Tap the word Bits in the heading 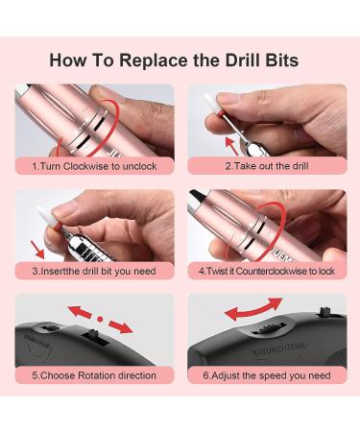tap(282, 60)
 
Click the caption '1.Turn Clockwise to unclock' tap(94, 166)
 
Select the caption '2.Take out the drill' tap(267, 166)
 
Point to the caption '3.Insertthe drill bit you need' tap(94, 271)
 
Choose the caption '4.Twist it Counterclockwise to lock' tap(267, 271)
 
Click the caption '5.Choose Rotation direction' tap(94, 375)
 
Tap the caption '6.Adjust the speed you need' tap(267, 375)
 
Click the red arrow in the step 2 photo tap(231, 146)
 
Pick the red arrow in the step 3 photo tap(38, 250)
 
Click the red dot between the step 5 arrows tap(100, 319)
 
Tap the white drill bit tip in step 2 tap(210, 103)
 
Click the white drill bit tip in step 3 tap(44, 215)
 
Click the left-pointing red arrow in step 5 tap(80, 311)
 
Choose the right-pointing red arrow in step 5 tap(121, 326)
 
